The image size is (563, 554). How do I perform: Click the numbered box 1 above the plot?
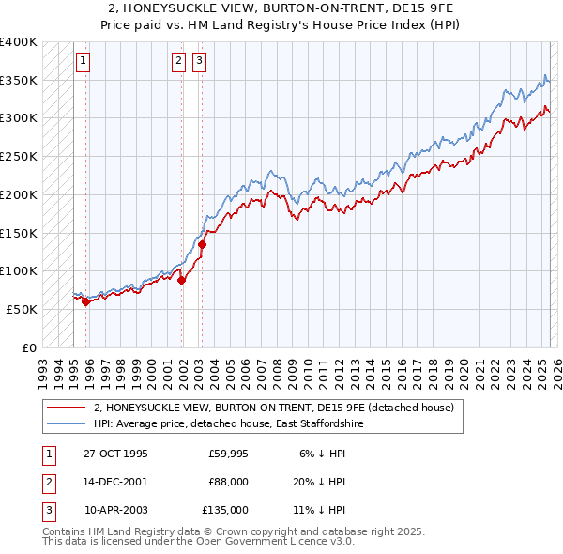point(84,62)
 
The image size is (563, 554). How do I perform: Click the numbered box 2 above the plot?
point(179,62)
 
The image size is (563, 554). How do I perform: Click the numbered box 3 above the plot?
point(200,62)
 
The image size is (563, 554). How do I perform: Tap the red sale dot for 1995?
point(85,301)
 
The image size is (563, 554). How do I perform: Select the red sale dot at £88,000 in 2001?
point(181,280)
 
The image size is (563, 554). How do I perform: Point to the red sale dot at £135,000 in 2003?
point(202,244)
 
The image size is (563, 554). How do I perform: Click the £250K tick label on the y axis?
point(19,156)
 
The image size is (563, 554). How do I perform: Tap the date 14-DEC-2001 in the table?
point(115,482)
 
